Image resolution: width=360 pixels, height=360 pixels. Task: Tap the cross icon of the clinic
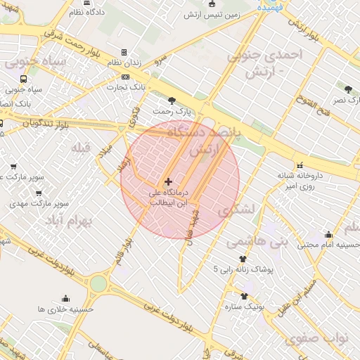tap(167, 181)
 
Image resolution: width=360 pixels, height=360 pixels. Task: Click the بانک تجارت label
tap(125, 87)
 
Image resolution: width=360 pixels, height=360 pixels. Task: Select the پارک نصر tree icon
tap(348, 89)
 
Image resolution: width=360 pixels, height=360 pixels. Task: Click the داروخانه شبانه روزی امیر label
tap(300, 181)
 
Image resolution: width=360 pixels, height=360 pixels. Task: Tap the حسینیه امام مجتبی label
tap(328, 245)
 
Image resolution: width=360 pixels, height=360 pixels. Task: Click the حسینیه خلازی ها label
tap(65, 309)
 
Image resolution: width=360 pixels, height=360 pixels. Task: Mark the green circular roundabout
tap(98, 284)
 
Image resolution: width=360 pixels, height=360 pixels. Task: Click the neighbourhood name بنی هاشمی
tap(257, 240)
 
